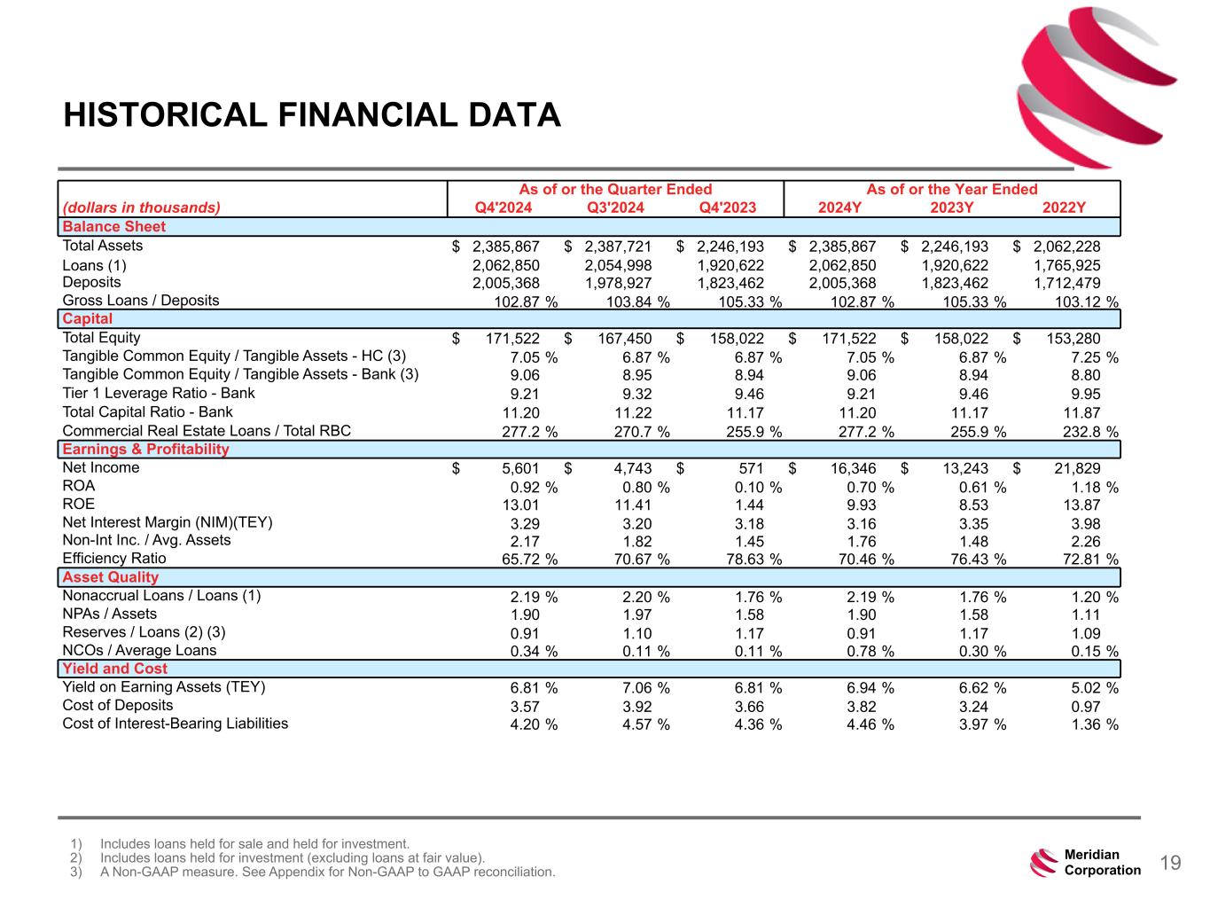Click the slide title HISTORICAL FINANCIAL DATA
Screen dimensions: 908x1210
pyautogui.click(x=312, y=115)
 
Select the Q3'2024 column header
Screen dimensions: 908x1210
pyautogui.click(x=615, y=208)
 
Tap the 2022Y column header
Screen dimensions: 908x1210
pyautogui.click(x=1064, y=208)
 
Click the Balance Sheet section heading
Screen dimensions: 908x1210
pyautogui.click(x=114, y=227)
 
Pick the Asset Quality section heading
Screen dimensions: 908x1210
pyautogui.click(x=110, y=577)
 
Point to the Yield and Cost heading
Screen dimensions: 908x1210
pyautogui.click(x=114, y=669)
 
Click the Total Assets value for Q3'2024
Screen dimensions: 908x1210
pyautogui.click(x=618, y=247)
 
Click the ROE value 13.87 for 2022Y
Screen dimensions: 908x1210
pyautogui.click(x=1079, y=505)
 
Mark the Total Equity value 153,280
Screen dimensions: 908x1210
pyautogui.click(x=1073, y=339)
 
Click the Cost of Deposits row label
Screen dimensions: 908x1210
pyautogui.click(x=118, y=706)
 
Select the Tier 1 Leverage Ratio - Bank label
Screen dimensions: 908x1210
pyautogui.click(x=159, y=394)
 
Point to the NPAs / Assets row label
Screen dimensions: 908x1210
pyautogui.click(x=109, y=614)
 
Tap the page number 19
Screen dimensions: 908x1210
pyautogui.click(x=1170, y=864)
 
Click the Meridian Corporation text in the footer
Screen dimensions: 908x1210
pyautogui.click(x=1102, y=863)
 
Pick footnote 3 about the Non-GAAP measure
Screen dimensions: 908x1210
pyautogui.click(x=327, y=873)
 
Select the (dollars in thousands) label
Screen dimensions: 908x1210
pyautogui.click(x=141, y=208)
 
